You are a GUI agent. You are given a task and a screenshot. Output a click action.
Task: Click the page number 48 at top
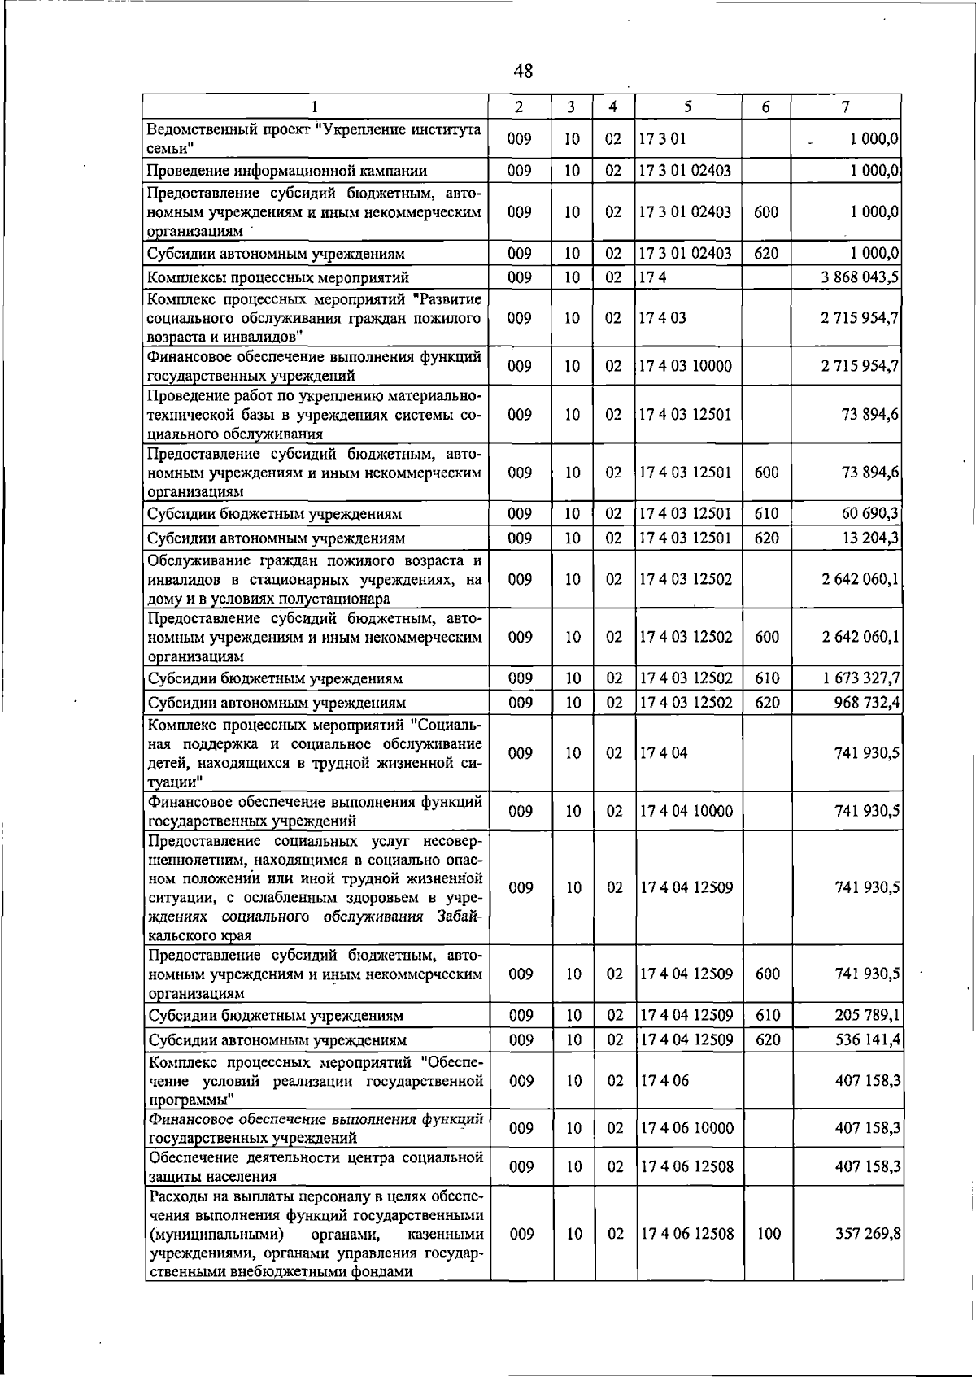(524, 72)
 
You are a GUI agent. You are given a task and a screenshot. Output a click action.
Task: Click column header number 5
(688, 107)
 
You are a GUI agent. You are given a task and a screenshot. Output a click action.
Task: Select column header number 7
(846, 107)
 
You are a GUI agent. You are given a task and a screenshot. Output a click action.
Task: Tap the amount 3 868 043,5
(860, 277)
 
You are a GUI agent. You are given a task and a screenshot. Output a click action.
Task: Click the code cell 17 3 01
(663, 139)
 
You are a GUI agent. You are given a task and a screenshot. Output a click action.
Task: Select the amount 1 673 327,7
(861, 678)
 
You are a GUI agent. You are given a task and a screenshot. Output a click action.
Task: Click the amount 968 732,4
(866, 703)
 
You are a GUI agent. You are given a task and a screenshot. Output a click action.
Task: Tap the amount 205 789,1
(867, 1016)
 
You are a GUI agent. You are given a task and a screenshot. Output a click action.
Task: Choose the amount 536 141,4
(867, 1040)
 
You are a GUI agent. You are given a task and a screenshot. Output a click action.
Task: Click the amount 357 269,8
(868, 1234)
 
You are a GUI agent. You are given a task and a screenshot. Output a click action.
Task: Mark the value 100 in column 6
(769, 1234)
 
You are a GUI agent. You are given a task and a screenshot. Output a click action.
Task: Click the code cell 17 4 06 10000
(686, 1128)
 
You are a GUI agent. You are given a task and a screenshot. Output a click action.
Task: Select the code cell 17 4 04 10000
(686, 811)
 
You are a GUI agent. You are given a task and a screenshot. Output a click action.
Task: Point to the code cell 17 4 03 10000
(685, 366)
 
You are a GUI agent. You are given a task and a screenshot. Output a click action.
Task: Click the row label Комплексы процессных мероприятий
(277, 278)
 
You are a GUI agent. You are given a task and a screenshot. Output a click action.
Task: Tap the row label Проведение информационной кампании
(287, 171)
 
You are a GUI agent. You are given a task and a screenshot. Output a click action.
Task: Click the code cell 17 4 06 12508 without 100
(686, 1166)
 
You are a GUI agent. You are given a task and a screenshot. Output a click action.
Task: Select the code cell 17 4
(651, 277)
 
